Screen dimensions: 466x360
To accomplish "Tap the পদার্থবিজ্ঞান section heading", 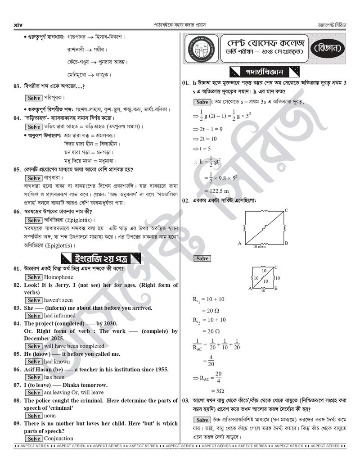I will point(264,72).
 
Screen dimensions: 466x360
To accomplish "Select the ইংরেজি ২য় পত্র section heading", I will point(101,258).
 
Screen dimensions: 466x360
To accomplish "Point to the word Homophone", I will point(58,277).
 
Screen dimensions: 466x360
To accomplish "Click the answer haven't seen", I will point(58,300).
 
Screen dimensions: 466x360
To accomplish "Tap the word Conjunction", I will point(58,439).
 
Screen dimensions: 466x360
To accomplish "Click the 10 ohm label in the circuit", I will point(259,247).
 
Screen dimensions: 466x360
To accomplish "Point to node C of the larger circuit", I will point(286,210).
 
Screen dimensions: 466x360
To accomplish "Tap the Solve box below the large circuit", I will point(202,258).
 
